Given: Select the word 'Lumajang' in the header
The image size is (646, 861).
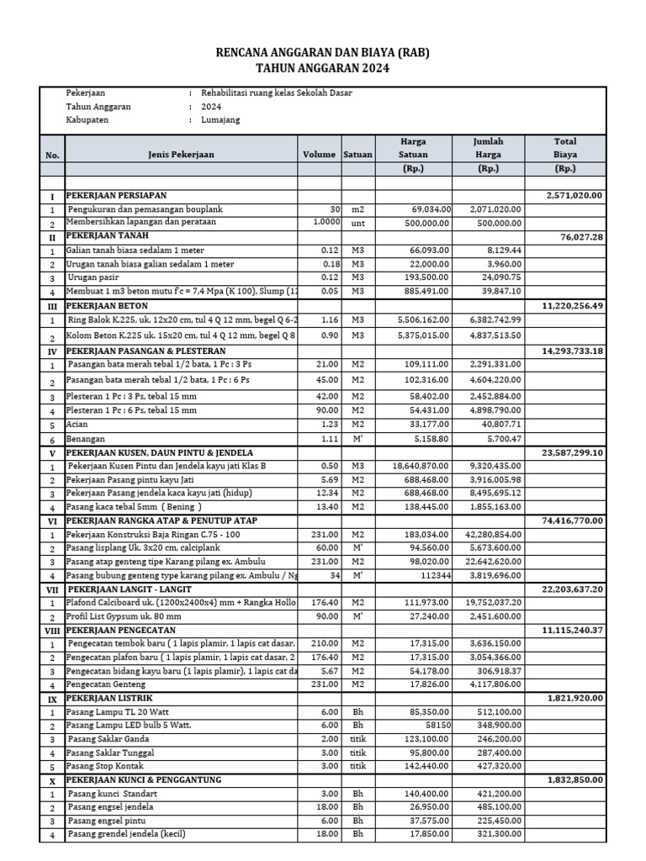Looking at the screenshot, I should tap(221, 120).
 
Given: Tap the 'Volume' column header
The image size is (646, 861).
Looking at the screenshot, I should tap(319, 155).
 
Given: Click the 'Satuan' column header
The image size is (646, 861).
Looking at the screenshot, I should tap(357, 155).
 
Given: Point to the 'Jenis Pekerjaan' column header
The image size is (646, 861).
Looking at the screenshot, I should tap(181, 155).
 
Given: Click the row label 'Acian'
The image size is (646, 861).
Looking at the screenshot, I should tap(78, 425).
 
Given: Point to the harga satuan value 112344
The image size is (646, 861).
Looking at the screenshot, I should tap(434, 576).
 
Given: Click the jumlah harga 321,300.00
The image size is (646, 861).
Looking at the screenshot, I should tap(496, 834).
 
